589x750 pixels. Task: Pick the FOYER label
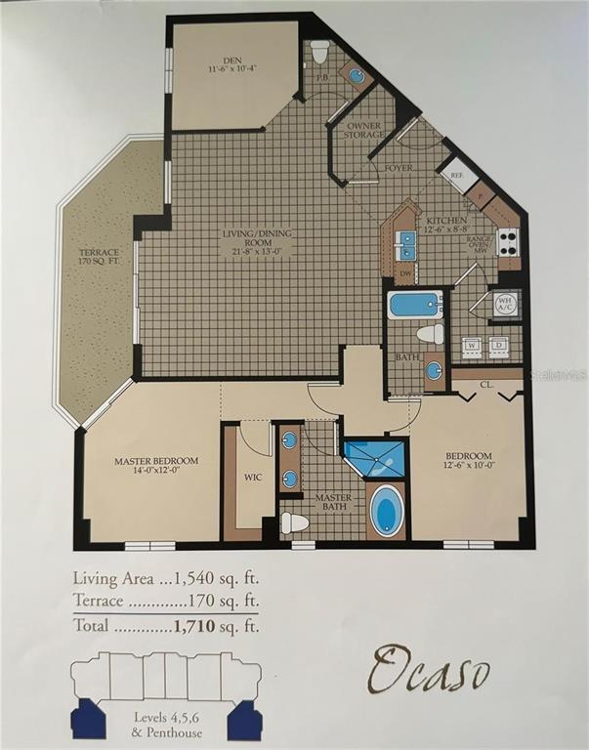pyautogui.click(x=399, y=168)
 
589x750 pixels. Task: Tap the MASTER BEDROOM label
pyautogui.click(x=156, y=461)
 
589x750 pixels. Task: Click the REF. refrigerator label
pyautogui.click(x=456, y=177)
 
